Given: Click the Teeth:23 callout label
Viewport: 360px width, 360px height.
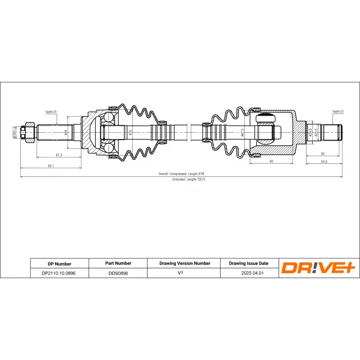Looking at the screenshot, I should coord(51,112).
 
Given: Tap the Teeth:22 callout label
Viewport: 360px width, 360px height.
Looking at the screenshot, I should coord(338,111).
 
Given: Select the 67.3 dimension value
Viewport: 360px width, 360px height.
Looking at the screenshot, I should coord(58,155).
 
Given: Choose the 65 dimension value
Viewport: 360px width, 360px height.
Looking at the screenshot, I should coord(271,161).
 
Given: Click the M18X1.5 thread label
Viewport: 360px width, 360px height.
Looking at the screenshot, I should coord(14,132).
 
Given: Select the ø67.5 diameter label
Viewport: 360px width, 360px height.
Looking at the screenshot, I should coord(242,132).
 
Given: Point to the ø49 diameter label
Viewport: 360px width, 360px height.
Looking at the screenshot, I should coord(66,132).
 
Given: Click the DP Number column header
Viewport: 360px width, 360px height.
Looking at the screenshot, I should coord(59,264).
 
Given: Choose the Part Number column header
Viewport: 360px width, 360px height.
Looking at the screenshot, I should coord(118,263).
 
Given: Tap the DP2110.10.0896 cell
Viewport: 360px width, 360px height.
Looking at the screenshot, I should coord(59,273).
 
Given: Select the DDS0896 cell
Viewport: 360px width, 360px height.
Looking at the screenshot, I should coord(118,273).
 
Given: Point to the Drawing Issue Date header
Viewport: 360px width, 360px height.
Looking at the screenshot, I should coord(248,263).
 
